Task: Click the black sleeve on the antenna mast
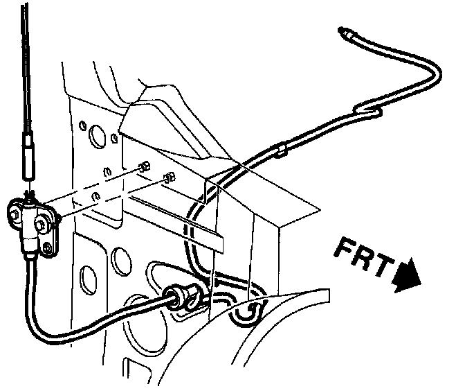pyautogui.click(x=28, y=156)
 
